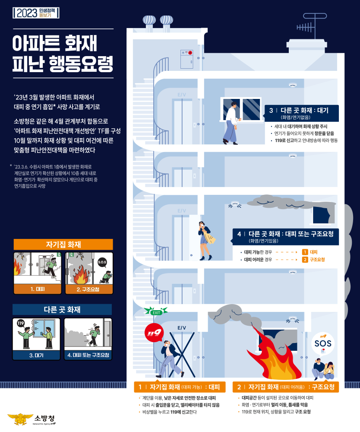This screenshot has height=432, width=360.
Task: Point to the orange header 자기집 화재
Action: pyautogui.click(x=63, y=245)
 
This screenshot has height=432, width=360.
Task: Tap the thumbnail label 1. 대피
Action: pyautogui.click(x=38, y=288)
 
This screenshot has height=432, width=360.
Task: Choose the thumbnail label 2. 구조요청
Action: pyautogui.click(x=88, y=289)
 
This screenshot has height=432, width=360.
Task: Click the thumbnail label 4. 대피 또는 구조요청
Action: pyautogui.click(x=88, y=355)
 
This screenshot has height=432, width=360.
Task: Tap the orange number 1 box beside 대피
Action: pyautogui.click(x=305, y=252)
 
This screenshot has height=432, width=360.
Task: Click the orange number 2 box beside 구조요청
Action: pyautogui.click(x=305, y=260)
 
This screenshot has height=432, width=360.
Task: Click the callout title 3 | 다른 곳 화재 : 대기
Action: pyautogui.click(x=299, y=111)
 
